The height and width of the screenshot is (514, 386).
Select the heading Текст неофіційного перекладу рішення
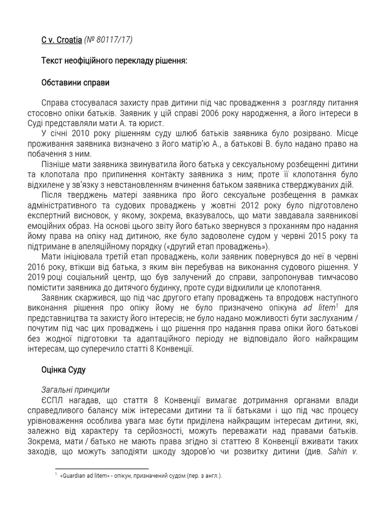(x=114, y=61)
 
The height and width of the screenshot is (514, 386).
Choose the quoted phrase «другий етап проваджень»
(x=218, y=246)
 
